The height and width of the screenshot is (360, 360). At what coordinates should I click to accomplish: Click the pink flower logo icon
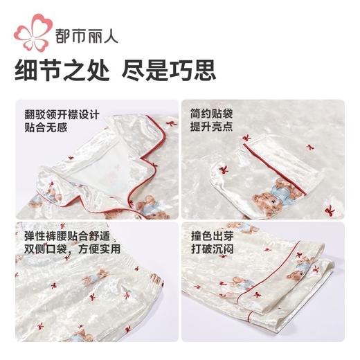(35, 30)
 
